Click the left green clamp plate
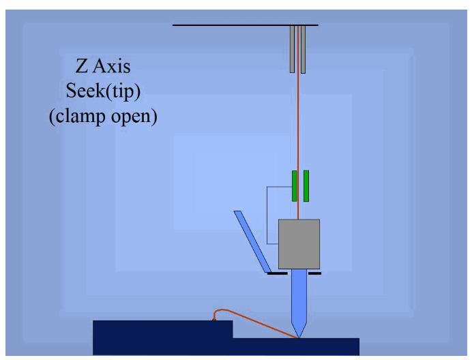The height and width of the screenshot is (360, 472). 294,186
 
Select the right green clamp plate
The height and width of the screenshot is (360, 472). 306,186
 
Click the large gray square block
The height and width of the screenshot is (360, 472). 299,243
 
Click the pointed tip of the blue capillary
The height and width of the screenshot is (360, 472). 298,335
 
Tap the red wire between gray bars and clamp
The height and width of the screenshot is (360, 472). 298,123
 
